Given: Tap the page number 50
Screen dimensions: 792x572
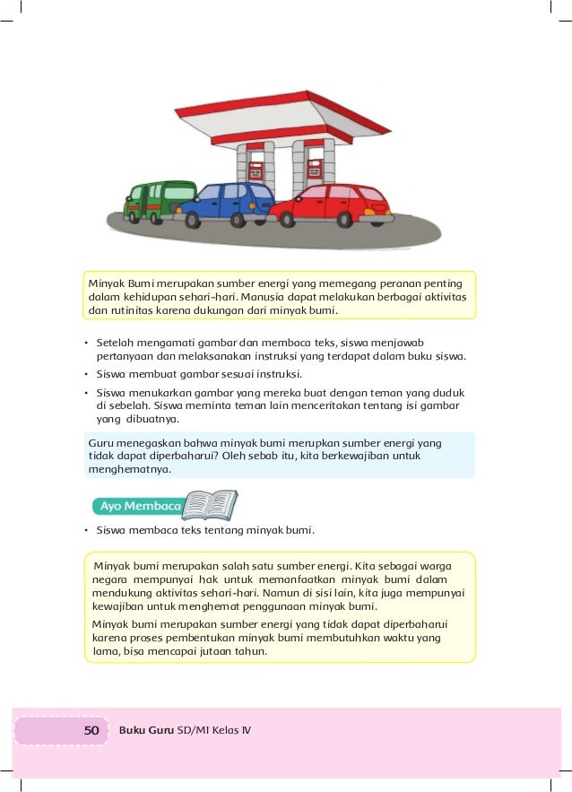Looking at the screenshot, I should (x=91, y=730).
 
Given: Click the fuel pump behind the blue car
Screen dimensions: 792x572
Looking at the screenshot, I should (x=256, y=170).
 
